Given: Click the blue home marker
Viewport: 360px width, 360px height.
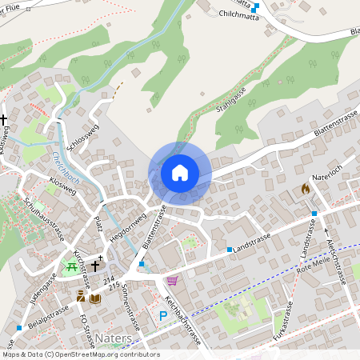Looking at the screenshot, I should (x=180, y=173).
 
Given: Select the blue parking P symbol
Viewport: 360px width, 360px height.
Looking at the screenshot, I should (x=163, y=317).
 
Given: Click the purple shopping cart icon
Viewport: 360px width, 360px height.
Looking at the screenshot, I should (x=172, y=281).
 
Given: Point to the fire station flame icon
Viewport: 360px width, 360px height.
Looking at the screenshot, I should (x=305, y=189).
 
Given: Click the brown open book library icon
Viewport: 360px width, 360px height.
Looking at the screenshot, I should (x=94, y=298).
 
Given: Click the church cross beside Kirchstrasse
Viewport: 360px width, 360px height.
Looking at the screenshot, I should (x=94, y=265).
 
